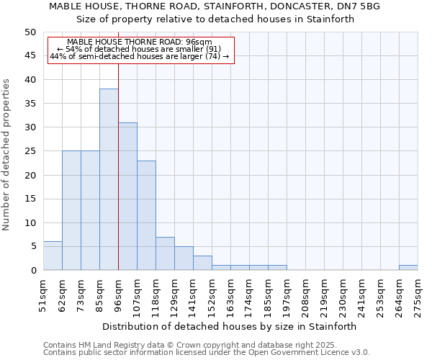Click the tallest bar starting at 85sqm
point(109,179)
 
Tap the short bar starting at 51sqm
point(53,256)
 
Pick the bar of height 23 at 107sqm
point(146,215)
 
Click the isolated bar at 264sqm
point(408,268)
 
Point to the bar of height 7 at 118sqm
point(165,253)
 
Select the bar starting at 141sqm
point(202,263)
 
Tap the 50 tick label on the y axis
point(30,32)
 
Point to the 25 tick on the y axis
point(30,151)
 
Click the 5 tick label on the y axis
point(32,246)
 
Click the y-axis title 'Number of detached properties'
point(7,155)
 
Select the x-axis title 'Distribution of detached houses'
point(230,326)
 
